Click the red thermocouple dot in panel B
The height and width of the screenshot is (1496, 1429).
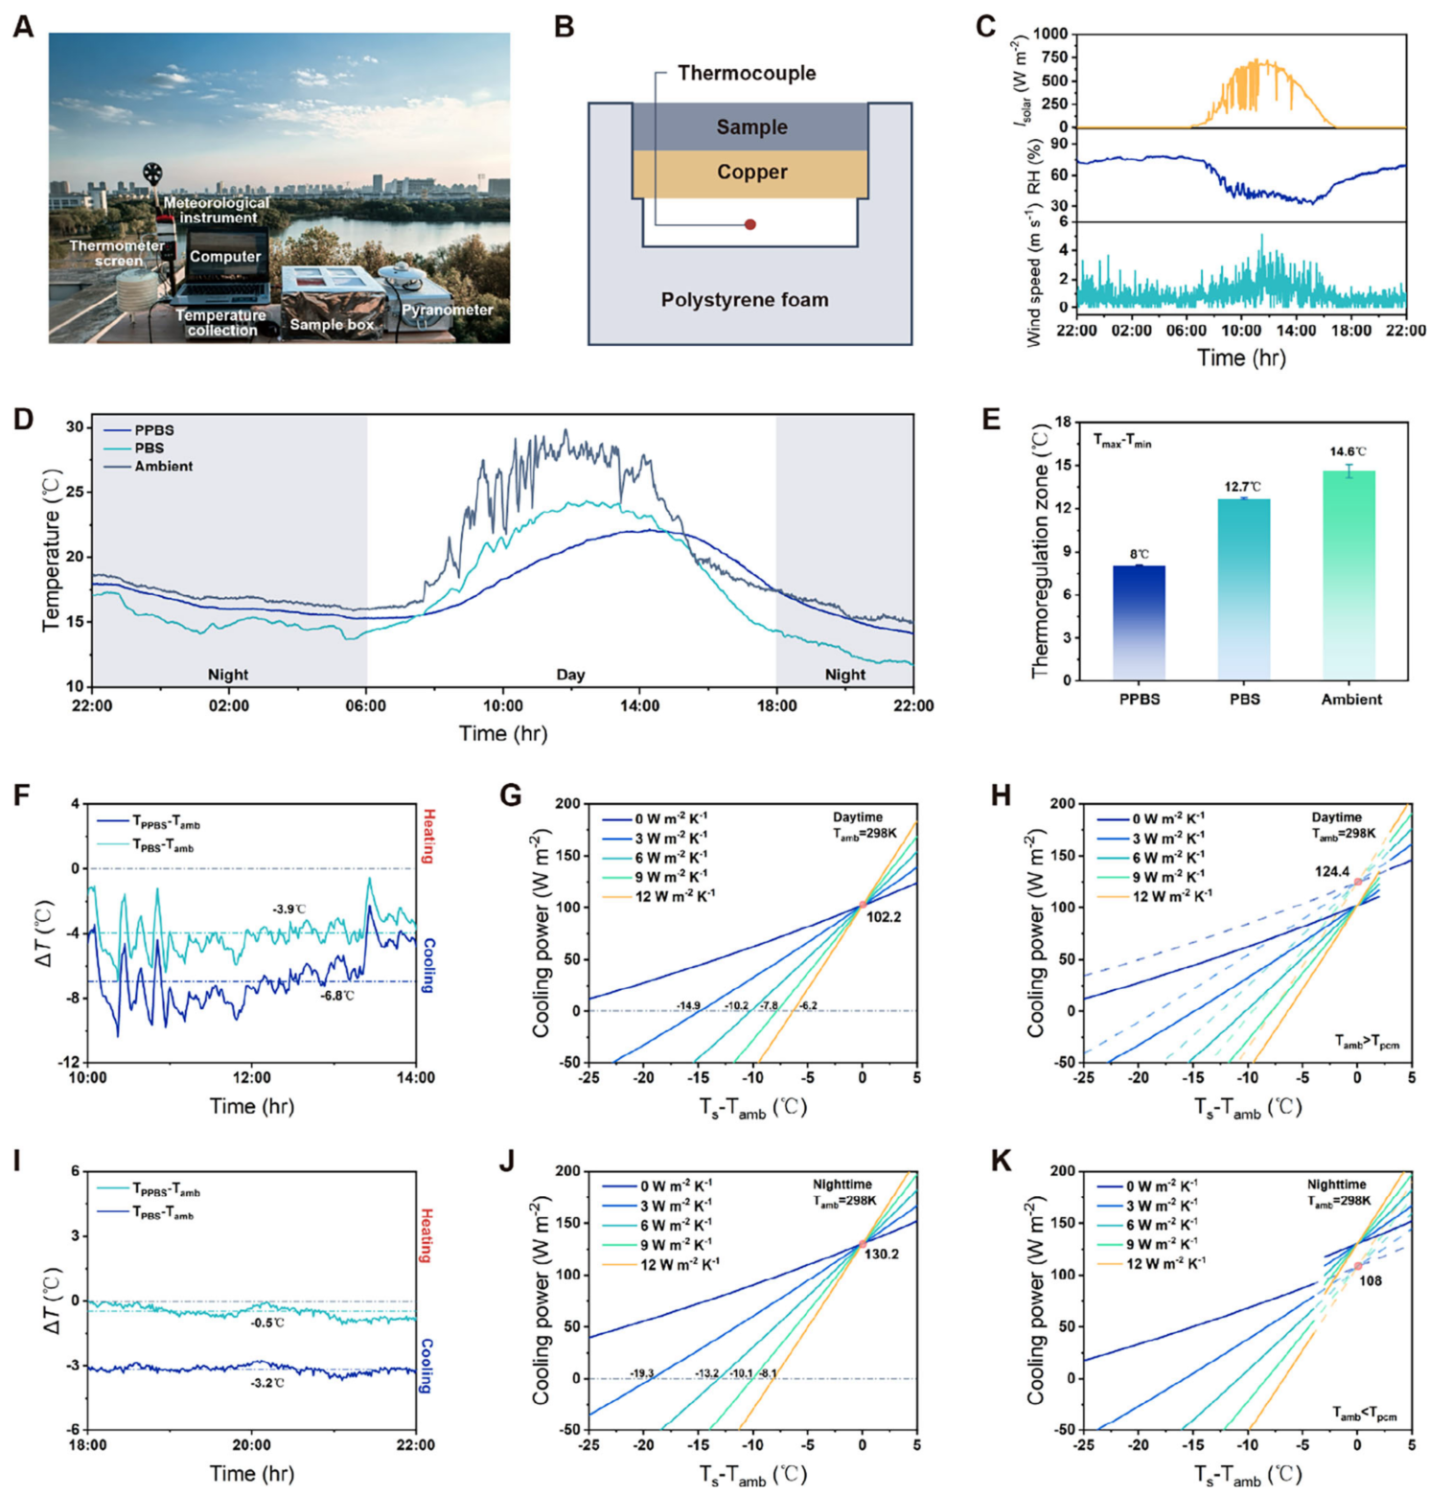(x=750, y=224)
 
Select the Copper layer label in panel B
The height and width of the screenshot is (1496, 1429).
(x=752, y=173)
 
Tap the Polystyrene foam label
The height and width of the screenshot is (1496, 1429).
(x=745, y=300)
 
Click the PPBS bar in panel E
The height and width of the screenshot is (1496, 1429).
(x=1139, y=623)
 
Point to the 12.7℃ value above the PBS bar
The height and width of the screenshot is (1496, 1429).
(x=1243, y=487)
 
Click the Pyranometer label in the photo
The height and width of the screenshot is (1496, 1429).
(x=447, y=310)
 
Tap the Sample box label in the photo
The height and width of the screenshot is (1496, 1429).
(x=332, y=325)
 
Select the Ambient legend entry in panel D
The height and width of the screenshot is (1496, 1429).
(x=163, y=467)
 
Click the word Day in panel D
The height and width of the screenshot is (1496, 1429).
(x=570, y=675)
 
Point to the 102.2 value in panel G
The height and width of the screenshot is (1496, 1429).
(x=884, y=917)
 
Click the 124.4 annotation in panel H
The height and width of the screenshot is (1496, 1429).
(x=1332, y=872)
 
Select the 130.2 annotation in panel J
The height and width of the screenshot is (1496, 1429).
(x=882, y=1254)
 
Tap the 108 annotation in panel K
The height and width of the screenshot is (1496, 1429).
(x=1371, y=1281)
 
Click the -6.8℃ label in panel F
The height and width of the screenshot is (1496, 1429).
(x=337, y=996)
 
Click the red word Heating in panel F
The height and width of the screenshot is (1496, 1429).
(x=428, y=837)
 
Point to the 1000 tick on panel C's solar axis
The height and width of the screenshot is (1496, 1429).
(x=1050, y=35)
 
